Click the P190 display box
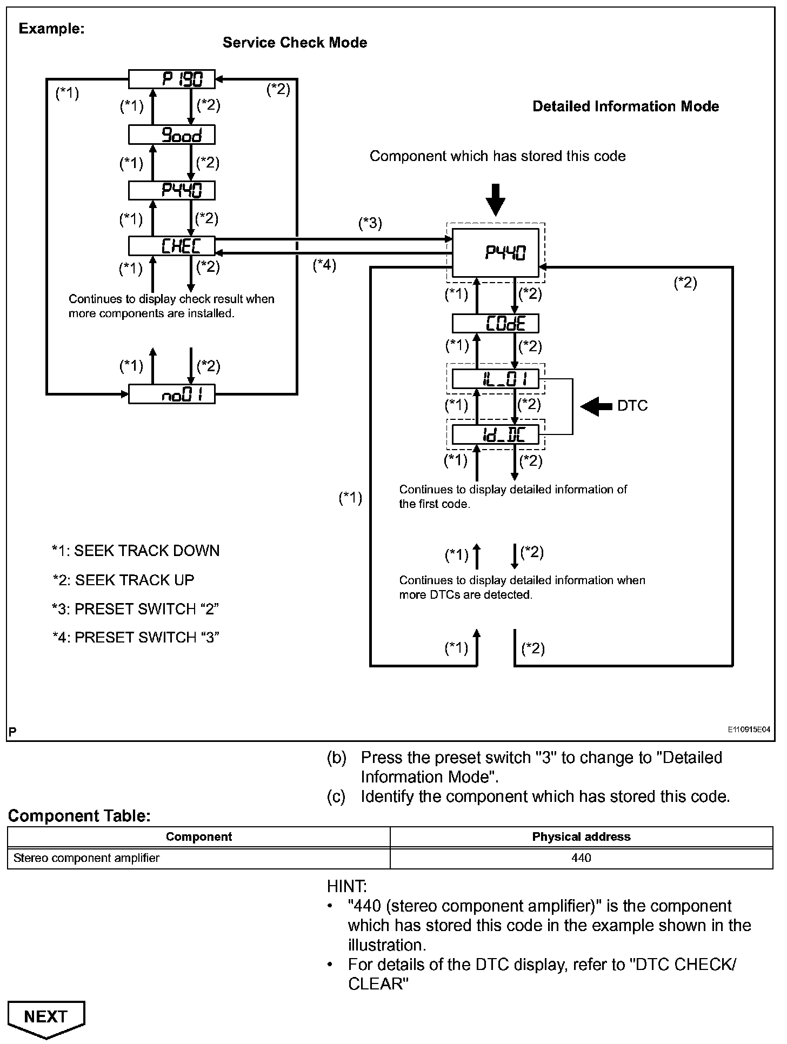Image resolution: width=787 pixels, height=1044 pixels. coord(171,79)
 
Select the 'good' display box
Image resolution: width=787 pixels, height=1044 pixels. coord(171,135)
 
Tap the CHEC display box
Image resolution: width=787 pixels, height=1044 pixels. coord(171,246)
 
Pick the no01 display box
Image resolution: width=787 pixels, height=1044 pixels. coord(171,394)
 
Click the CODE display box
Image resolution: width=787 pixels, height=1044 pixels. coord(495,323)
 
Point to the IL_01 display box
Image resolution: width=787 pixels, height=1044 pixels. coord(495,379)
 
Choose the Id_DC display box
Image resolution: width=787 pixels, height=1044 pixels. coord(495,434)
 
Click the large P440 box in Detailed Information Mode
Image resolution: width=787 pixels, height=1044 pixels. coord(495,253)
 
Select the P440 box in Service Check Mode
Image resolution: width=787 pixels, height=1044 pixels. coord(171,190)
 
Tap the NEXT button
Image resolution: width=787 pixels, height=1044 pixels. coord(46,1018)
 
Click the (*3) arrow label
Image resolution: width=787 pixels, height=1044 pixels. coord(370,223)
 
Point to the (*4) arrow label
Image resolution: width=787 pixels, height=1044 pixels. coord(324,265)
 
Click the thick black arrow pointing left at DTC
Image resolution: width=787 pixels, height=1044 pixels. coord(596,406)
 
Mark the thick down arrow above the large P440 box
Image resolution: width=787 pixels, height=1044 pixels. coord(495,200)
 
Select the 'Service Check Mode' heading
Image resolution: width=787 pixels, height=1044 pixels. coord(295,43)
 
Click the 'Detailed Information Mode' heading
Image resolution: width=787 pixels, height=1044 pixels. coord(625,106)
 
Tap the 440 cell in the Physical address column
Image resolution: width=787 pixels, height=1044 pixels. coord(581,858)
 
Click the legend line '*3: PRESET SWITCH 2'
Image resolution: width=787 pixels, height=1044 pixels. coord(135,608)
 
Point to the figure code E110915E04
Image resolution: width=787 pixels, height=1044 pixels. coord(748,729)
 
